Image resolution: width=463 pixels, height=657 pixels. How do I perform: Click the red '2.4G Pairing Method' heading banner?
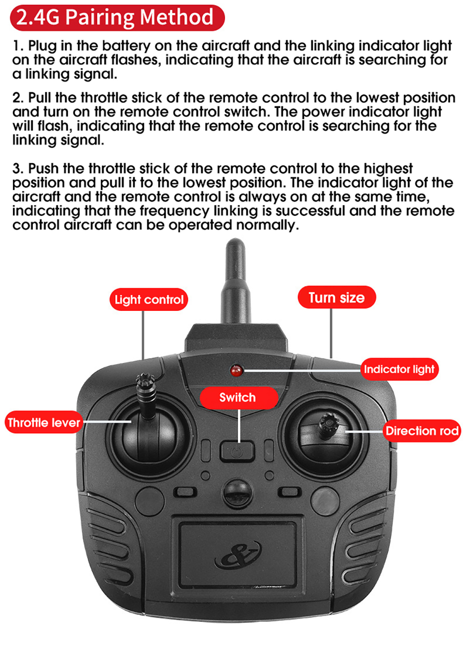pyautogui.click(x=117, y=18)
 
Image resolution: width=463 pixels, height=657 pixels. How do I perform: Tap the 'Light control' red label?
pyautogui.click(x=149, y=299)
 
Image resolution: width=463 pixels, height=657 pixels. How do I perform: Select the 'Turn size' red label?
pyautogui.click(x=337, y=297)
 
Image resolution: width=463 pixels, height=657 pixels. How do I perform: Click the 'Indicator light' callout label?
pyautogui.click(x=399, y=369)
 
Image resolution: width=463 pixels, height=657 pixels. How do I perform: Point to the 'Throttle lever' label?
pyautogui.click(x=44, y=423)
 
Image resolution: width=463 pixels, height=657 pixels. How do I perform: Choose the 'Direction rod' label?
pyautogui.click(x=422, y=431)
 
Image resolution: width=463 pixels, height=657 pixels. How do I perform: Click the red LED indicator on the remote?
pyautogui.click(x=237, y=371)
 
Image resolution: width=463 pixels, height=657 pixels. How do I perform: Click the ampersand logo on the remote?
pyautogui.click(x=238, y=554)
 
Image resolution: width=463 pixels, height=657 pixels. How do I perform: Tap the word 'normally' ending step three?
pyautogui.click(x=268, y=226)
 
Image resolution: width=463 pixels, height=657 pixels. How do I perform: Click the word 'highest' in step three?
pyautogui.click(x=388, y=169)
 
